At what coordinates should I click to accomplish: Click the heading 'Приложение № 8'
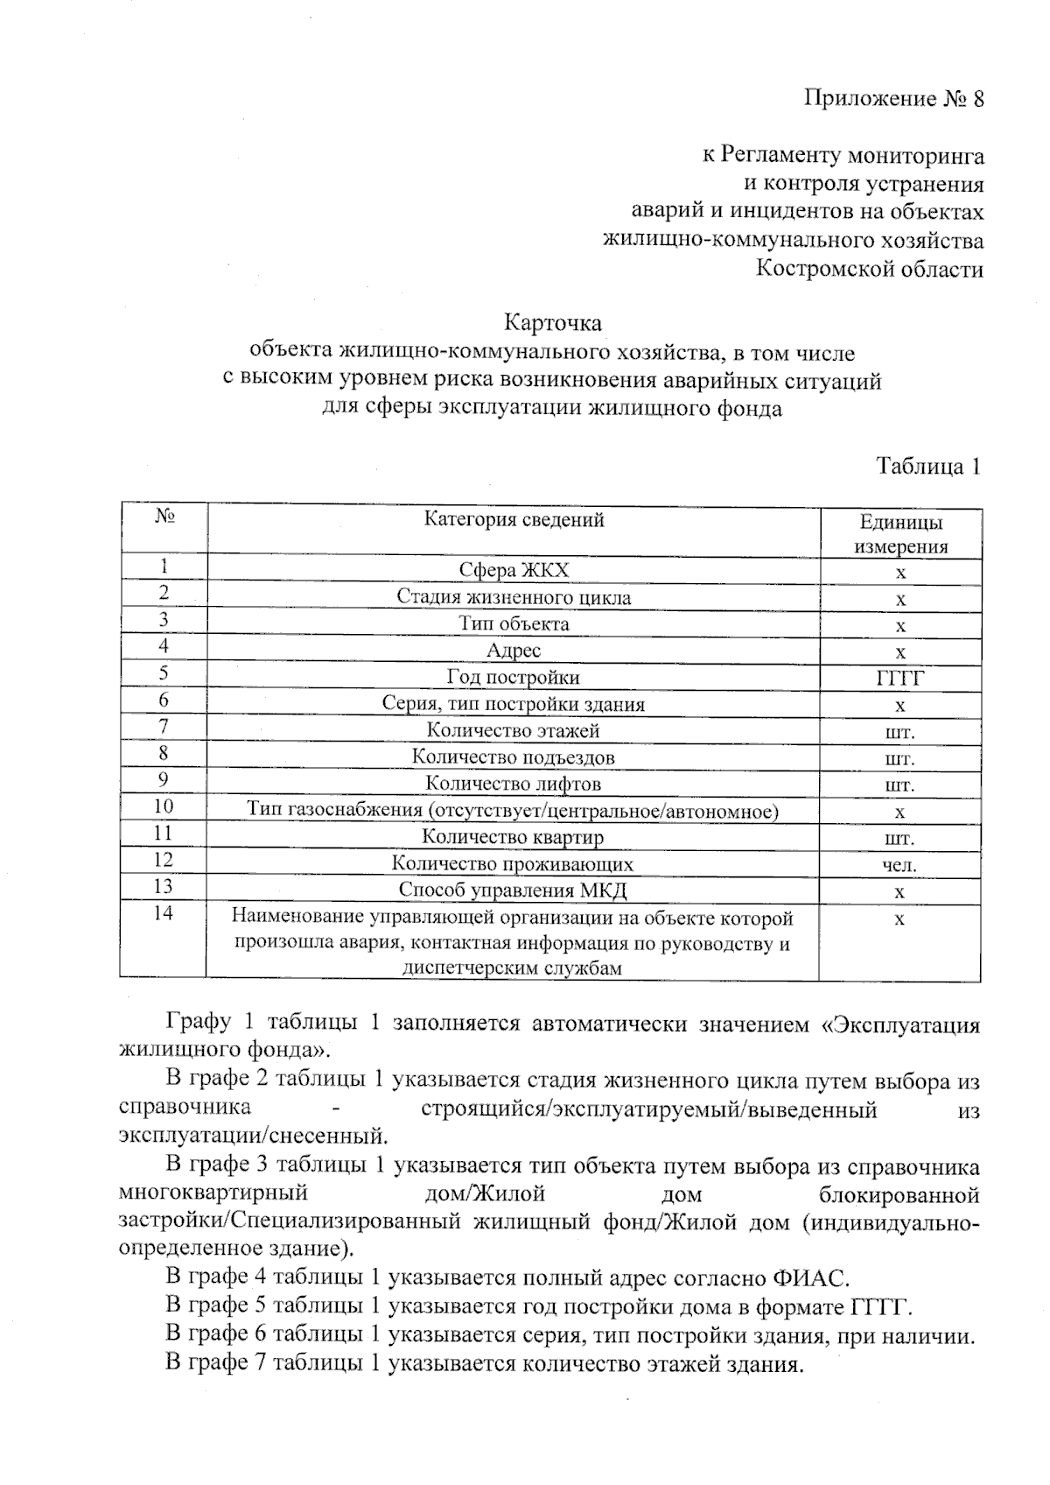(893, 99)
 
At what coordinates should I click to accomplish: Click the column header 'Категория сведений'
(514, 520)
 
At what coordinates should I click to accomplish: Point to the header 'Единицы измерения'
(900, 535)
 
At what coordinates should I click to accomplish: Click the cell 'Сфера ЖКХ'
(514, 571)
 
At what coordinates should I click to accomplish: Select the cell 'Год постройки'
(514, 678)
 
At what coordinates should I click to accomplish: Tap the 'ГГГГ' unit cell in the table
(900, 679)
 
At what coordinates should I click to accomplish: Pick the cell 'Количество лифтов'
(514, 784)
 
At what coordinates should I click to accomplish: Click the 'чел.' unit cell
(900, 865)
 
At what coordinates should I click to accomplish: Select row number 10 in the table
(164, 807)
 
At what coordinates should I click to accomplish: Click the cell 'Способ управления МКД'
(514, 890)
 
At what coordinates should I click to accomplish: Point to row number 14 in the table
(164, 914)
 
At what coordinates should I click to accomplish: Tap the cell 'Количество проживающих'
(514, 864)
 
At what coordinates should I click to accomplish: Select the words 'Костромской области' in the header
(870, 269)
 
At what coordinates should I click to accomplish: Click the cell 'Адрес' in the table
(514, 651)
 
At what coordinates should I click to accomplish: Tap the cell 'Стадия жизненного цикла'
(514, 598)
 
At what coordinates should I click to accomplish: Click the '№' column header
(164, 517)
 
